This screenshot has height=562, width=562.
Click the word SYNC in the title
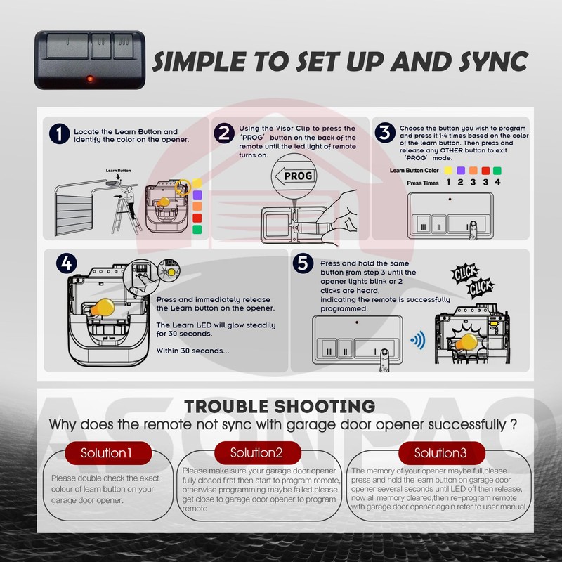(x=484, y=62)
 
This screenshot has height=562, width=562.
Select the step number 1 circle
(x=60, y=134)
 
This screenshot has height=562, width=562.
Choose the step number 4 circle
(x=66, y=265)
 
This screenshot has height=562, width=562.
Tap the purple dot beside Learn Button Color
(x=460, y=171)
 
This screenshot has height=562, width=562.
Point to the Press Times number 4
(x=497, y=183)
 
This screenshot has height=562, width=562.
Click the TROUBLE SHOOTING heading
(x=279, y=406)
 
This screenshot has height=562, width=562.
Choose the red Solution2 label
(x=257, y=452)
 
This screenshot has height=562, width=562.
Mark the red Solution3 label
(x=440, y=452)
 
